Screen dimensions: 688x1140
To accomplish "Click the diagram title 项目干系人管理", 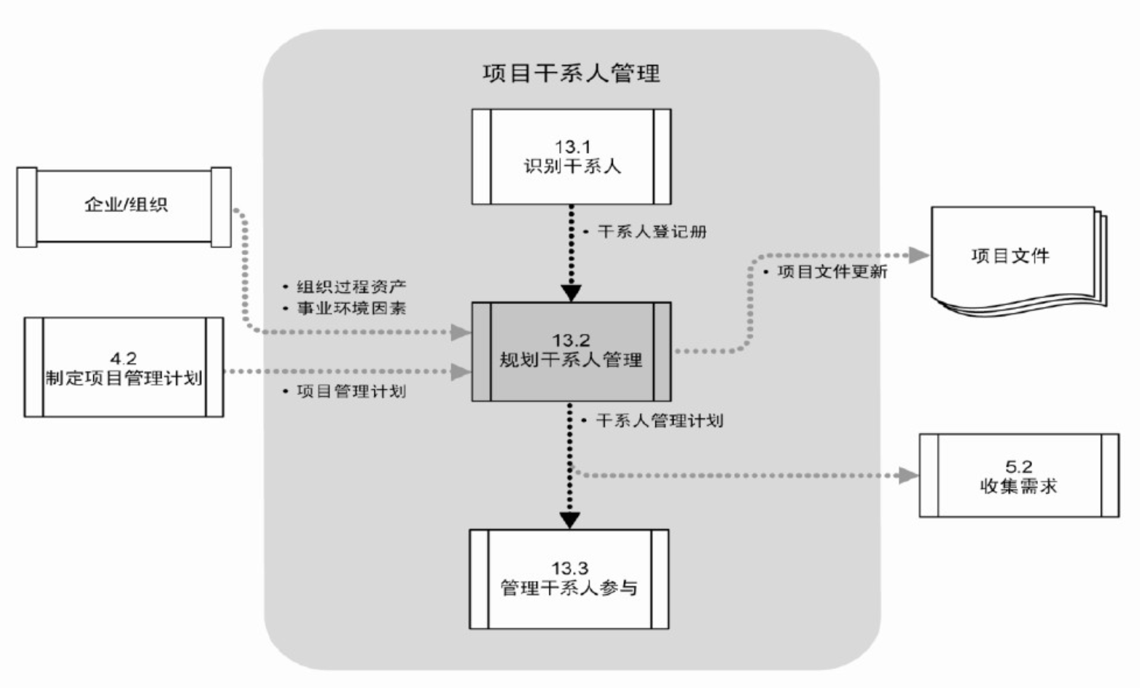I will click(571, 74).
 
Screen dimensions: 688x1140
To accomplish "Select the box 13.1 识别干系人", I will click(571, 157).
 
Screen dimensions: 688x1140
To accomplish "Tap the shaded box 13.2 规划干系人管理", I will click(571, 351).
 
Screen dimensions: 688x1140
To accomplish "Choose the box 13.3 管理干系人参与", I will click(569, 579).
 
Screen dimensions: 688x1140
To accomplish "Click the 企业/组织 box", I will click(124, 206).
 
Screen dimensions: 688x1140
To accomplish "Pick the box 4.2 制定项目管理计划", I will click(124, 367).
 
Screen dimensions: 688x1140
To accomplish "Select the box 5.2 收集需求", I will click(1018, 476).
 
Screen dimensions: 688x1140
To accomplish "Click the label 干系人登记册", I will click(652, 232).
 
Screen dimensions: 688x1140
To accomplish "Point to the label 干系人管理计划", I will click(659, 421).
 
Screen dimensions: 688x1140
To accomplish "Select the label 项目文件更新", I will click(832, 273).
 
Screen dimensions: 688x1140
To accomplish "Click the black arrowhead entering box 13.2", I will click(571, 292).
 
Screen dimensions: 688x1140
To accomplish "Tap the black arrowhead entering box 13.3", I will click(570, 520).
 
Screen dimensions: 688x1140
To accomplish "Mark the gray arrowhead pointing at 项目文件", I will click(919, 254).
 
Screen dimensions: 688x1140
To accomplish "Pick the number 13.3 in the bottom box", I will click(569, 568).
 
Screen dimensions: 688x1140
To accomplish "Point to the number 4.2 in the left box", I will click(123, 359).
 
